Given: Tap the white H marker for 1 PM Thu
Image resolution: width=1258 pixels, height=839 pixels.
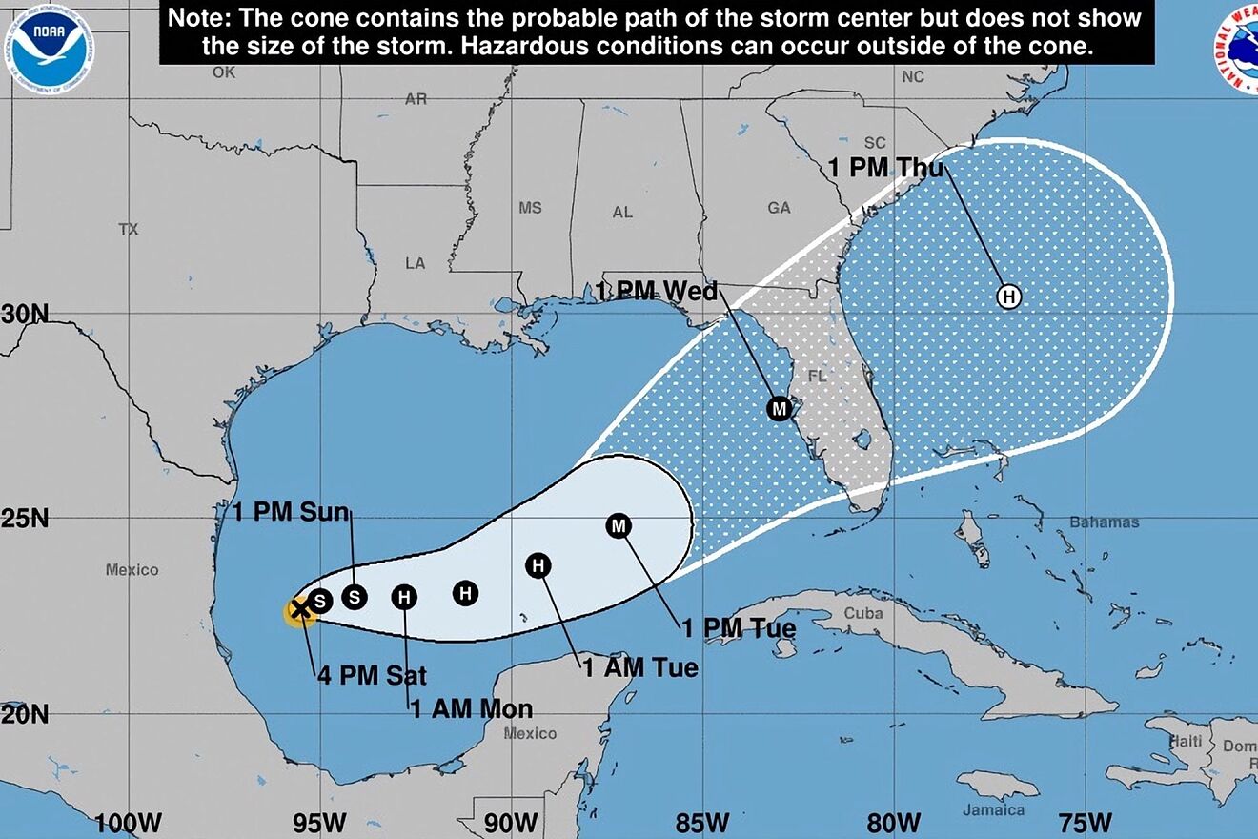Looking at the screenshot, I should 1008,297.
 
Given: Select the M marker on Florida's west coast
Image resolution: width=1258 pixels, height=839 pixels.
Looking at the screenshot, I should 780,409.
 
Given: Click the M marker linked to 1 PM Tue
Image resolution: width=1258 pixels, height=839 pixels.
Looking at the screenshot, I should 619,525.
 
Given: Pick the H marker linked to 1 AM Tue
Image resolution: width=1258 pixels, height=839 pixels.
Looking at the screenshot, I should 538,566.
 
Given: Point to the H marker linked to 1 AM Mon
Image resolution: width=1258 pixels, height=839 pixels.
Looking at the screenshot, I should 404,598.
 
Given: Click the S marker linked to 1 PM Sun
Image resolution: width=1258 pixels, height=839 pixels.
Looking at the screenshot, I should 355,597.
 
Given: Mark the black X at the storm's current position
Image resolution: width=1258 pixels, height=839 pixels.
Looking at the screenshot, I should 298,609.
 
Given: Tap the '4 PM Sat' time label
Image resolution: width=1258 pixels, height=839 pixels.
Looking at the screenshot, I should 372,676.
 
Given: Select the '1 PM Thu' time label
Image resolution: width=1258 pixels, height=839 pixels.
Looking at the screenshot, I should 885,169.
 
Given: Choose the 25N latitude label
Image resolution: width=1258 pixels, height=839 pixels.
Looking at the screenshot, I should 25,520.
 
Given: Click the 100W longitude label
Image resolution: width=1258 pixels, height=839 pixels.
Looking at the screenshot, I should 128,822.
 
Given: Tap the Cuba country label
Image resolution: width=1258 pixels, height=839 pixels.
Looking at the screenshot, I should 863,614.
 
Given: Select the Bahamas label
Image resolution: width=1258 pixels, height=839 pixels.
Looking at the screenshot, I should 1104,522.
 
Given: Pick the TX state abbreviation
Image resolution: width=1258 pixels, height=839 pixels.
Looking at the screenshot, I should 129,229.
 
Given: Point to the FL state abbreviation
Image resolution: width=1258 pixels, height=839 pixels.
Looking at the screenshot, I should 817,377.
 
